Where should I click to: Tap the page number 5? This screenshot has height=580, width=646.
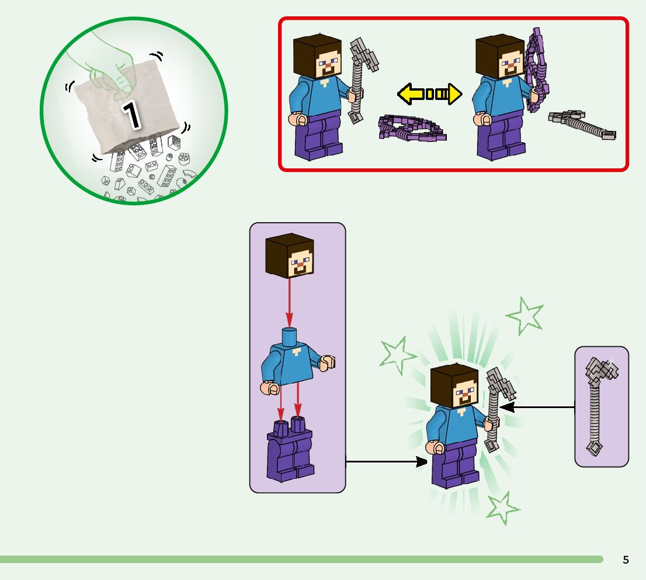tap(626, 560)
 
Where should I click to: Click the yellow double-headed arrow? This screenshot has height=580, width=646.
tap(429, 94)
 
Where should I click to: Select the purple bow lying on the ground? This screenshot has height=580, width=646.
tap(411, 128)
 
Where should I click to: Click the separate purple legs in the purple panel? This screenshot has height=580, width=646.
tap(290, 450)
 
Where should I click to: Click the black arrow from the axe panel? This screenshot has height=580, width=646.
tap(537, 407)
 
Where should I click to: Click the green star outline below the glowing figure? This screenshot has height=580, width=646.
tap(502, 507)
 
